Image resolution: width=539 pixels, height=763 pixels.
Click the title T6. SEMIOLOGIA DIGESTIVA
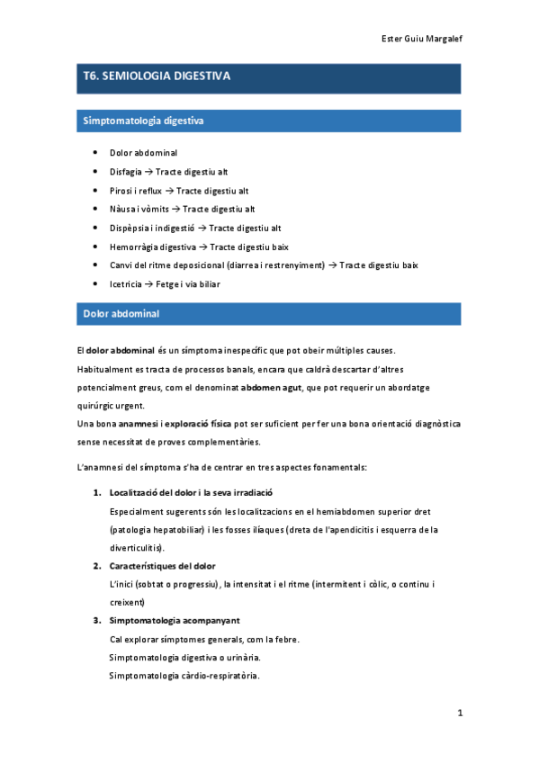coord(157,76)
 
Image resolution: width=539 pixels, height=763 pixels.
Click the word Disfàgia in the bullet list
coord(125,172)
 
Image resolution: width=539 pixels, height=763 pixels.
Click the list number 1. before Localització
coord(97,493)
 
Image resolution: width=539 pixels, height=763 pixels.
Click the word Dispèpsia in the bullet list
coord(129,229)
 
